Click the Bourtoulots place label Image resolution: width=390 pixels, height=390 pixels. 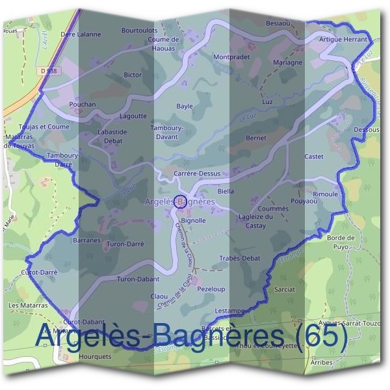(x=140, y=30)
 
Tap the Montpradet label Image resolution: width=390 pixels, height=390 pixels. (x=231, y=57)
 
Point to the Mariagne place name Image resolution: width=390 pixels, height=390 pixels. (x=287, y=63)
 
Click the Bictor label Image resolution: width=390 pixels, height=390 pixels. (x=133, y=75)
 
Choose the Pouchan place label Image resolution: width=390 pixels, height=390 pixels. (x=83, y=104)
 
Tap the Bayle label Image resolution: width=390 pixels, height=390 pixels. (x=185, y=105)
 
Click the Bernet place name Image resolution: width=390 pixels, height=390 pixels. (x=256, y=138)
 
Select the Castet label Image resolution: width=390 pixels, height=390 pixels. (x=313, y=157)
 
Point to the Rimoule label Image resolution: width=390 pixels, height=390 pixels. (x=326, y=194)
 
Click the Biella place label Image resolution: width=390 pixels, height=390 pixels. (x=226, y=192)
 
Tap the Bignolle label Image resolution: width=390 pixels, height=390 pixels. (x=193, y=221)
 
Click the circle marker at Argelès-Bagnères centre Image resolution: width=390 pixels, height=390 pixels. (x=181, y=201)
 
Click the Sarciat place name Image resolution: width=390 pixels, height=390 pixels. (x=285, y=289)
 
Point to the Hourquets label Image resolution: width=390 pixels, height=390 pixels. (x=95, y=356)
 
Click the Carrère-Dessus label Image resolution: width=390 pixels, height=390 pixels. (x=198, y=174)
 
